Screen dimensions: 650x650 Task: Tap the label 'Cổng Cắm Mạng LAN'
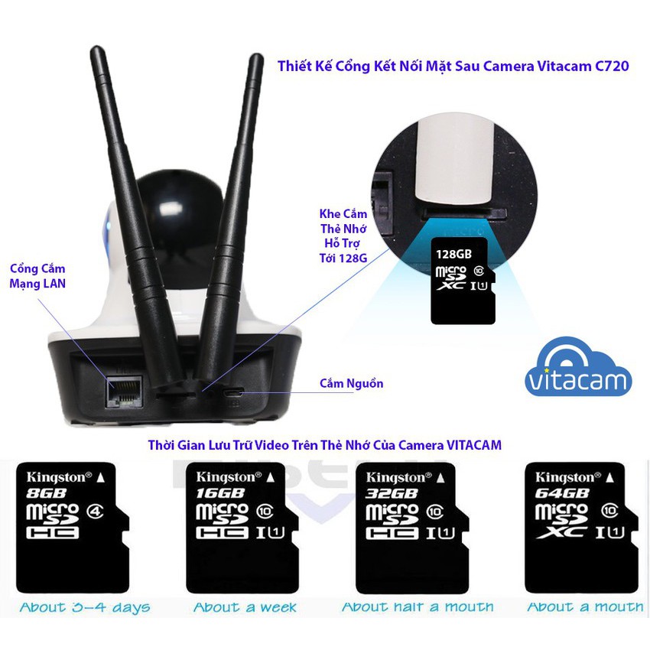37,277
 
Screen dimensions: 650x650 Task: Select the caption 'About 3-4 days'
85,608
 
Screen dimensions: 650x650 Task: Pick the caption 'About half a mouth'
417,607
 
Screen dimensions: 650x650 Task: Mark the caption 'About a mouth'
585,607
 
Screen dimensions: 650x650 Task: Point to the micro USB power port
234,393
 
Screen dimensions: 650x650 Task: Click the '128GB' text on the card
454,253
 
